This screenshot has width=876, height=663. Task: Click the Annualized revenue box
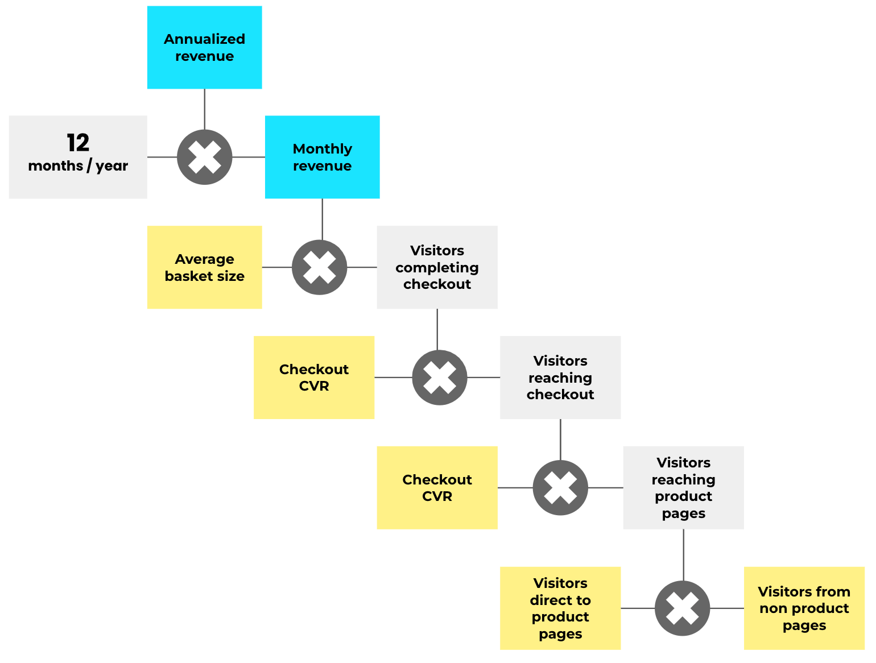204,48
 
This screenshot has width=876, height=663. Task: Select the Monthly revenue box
322,158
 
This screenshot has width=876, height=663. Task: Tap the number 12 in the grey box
78,143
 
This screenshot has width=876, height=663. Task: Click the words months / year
78,166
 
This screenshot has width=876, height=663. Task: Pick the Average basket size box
204,267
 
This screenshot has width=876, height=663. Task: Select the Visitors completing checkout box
437,267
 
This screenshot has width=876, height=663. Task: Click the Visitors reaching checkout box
560,378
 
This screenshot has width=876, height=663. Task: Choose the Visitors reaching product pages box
683,488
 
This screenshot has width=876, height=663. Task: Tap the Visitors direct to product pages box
560,608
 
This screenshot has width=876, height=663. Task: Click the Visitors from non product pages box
804,608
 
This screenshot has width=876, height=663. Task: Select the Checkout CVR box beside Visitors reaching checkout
313,378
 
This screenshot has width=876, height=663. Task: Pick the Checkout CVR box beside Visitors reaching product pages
437,488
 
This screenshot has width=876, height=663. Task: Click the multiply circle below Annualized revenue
205,158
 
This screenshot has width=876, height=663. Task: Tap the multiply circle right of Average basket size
320,267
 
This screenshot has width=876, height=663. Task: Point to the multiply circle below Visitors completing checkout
440,378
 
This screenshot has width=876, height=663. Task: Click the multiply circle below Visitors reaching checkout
560,488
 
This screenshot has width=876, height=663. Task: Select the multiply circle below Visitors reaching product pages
682,608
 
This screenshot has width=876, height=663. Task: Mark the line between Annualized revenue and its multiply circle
205,109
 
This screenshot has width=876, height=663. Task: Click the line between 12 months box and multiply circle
162,158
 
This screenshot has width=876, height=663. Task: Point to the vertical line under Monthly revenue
323,219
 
